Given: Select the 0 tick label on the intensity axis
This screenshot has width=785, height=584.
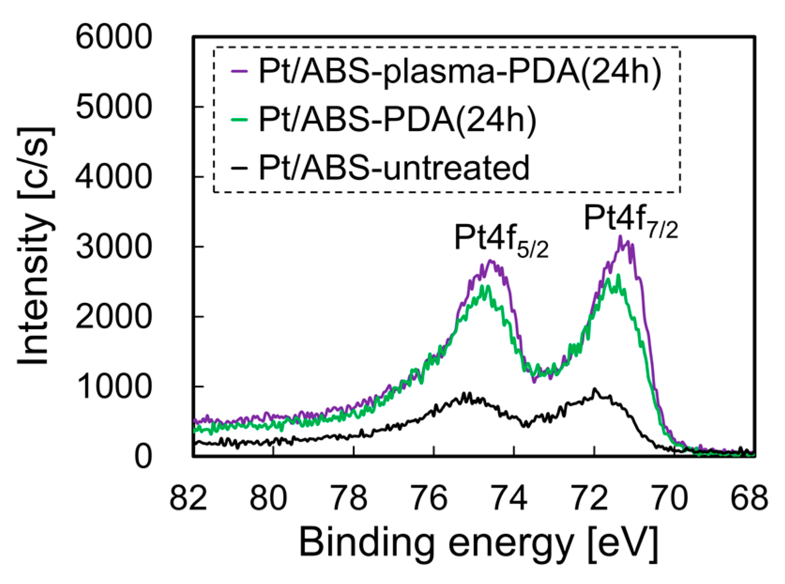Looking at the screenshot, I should point(143,456).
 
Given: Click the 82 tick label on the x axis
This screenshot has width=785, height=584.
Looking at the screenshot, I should point(188,498).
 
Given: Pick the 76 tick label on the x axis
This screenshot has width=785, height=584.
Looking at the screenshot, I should point(428,498).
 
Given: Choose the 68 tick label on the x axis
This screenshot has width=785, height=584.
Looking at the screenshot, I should point(749,498).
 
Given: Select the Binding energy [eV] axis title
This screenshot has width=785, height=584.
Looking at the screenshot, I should point(479,543).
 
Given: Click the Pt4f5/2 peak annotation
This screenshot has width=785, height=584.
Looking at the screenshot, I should point(501,240).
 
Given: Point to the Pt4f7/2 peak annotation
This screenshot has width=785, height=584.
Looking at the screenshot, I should point(631,221).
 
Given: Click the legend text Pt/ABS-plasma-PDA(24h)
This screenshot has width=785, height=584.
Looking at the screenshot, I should point(460,72).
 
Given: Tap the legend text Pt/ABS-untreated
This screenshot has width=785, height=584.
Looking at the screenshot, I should point(394,167).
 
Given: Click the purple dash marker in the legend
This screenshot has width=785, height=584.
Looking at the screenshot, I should point(239,72).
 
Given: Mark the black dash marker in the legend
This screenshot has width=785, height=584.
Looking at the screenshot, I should point(239,167).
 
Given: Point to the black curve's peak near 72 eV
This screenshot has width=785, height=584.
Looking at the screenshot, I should point(594,390).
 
